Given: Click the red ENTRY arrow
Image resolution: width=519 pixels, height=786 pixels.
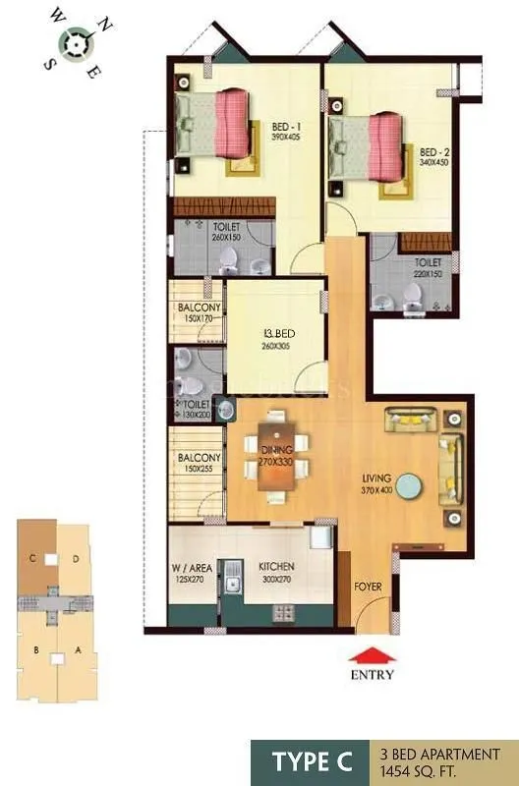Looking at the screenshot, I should tap(371, 655).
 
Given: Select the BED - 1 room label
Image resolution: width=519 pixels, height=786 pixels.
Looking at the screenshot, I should tap(288, 126).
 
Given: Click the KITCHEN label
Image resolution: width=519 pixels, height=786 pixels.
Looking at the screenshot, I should tap(276, 568).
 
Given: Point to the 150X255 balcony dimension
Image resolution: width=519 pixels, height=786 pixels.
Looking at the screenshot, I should tap(198, 468).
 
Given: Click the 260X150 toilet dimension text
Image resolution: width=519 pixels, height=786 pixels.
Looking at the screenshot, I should tap(227, 237).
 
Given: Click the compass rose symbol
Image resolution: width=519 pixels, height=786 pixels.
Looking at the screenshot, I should tap(74, 41).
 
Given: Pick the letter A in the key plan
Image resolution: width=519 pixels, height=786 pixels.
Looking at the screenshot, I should tap(77, 649).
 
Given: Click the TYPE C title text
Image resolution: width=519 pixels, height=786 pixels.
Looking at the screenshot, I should tap(314, 761).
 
